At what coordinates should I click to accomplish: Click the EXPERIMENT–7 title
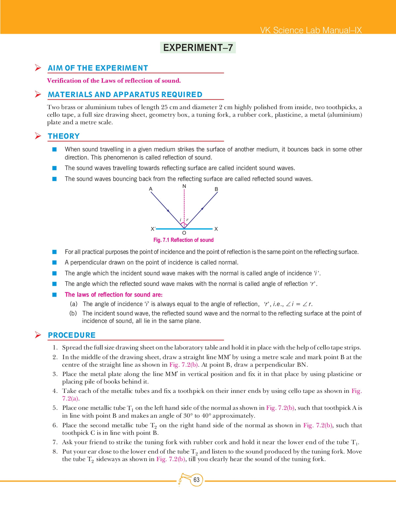click(198, 48)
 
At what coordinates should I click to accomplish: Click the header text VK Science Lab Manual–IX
click(311, 30)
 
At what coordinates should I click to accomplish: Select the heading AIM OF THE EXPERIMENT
click(98, 68)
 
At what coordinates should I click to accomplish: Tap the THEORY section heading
click(64, 136)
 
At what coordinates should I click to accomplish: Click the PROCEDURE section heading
click(72, 335)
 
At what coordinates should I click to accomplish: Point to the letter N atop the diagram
click(184, 186)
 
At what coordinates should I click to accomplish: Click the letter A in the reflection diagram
click(151, 189)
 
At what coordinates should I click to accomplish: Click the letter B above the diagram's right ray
click(216, 189)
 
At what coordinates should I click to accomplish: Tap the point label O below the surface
click(184, 233)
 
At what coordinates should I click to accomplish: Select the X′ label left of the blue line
click(153, 229)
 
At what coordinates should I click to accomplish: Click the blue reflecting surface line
click(198, 229)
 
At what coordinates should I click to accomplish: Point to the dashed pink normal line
click(184, 205)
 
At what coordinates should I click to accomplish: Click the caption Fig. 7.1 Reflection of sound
click(183, 240)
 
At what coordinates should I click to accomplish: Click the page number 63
click(197, 480)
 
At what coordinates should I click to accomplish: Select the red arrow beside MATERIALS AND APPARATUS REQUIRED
click(38, 94)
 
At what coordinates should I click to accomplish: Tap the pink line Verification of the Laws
click(114, 81)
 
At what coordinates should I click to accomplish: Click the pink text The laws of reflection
click(114, 295)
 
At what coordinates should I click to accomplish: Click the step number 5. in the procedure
click(55, 408)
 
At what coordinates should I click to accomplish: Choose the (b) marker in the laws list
click(73, 313)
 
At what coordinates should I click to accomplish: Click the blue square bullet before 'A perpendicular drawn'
click(55, 263)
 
